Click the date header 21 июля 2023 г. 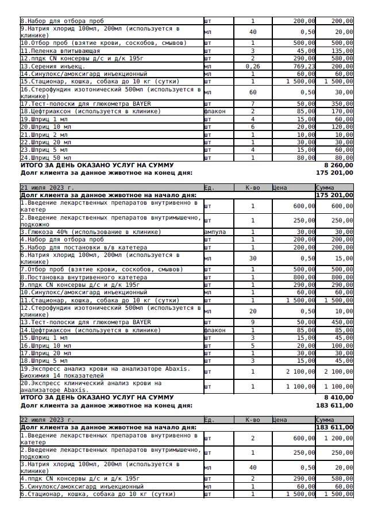coord(47,187)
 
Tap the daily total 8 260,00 coord(339,164)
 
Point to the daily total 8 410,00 coord(339,397)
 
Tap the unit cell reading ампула coord(215,232)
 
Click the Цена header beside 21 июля coord(279,187)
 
